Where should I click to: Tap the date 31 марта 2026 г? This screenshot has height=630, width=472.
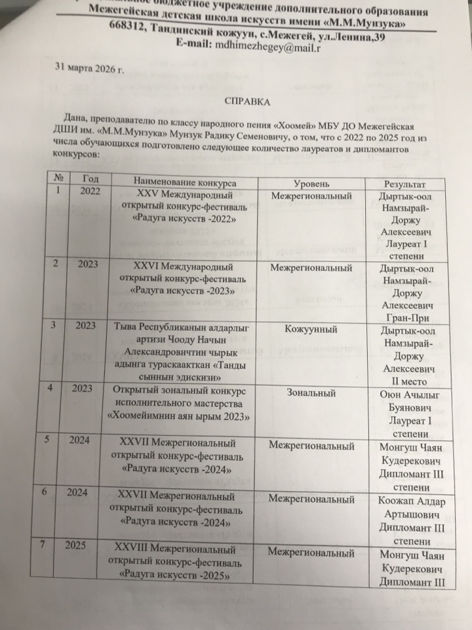click(x=89, y=68)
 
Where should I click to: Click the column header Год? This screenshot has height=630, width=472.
click(x=91, y=178)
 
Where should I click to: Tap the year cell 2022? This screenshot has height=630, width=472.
click(x=90, y=191)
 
